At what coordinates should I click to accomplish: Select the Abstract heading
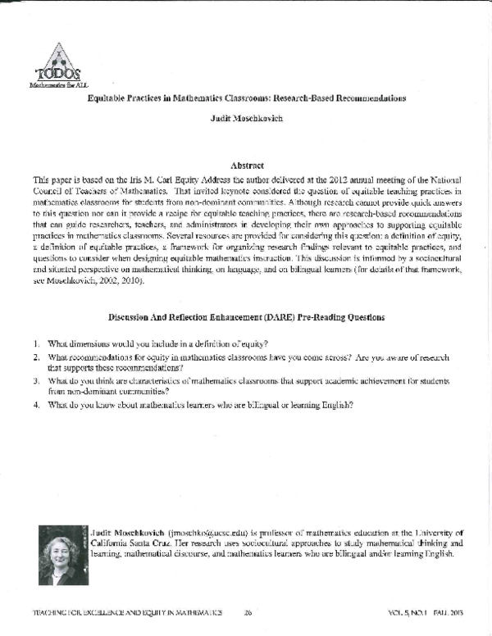247,165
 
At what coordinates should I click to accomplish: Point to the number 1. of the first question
37,342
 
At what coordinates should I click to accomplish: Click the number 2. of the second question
37,357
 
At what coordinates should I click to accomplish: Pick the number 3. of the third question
37,381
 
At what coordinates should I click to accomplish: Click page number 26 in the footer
248,611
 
